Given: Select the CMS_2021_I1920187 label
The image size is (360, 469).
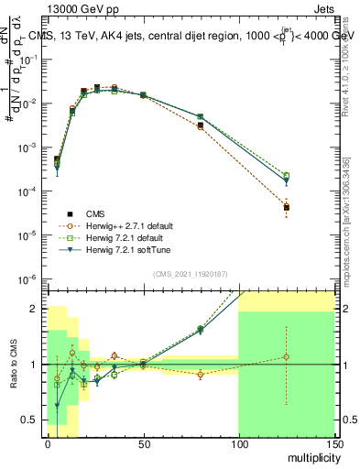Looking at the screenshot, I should pos(190,273).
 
